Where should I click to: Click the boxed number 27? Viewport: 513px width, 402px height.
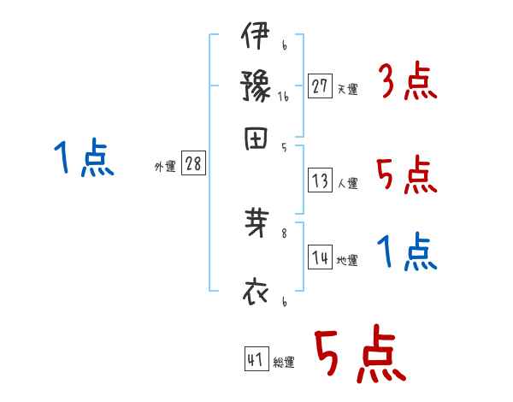(320, 86)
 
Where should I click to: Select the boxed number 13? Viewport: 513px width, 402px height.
(320, 180)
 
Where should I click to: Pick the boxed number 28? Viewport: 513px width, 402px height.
(193, 164)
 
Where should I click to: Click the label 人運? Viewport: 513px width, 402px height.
(347, 183)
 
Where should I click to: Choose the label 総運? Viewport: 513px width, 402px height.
(283, 363)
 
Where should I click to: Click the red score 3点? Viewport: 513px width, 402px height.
(407, 84)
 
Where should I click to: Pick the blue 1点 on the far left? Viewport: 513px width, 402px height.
(84, 159)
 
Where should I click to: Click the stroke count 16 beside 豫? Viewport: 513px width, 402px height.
(283, 98)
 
